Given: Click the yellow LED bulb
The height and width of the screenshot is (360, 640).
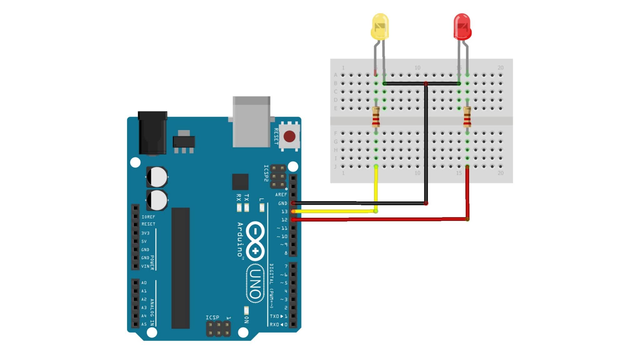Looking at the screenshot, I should (x=380, y=27).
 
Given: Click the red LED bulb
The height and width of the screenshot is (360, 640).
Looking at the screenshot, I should (x=462, y=27).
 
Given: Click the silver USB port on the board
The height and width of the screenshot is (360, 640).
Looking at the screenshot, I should (x=251, y=122).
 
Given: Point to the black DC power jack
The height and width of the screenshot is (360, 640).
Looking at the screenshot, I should (x=152, y=132).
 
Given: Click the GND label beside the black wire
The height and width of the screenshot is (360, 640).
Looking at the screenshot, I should (x=282, y=203).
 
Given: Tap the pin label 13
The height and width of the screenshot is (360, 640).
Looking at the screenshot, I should (x=284, y=212).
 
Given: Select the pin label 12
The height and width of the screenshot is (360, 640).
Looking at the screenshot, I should (x=284, y=220).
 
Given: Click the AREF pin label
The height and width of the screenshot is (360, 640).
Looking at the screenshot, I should (x=281, y=195).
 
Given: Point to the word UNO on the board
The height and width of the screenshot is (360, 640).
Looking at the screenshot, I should (x=255, y=284).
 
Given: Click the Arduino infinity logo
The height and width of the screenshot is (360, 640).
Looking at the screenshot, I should (x=255, y=241).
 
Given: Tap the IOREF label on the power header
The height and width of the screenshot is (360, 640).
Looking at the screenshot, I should (x=148, y=217).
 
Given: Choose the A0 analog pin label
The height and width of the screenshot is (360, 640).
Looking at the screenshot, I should (x=144, y=283).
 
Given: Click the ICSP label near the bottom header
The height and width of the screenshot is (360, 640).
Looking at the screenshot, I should (x=212, y=317).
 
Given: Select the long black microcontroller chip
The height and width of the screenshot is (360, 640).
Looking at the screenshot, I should (x=180, y=268).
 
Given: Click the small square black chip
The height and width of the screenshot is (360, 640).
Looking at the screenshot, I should (x=240, y=182).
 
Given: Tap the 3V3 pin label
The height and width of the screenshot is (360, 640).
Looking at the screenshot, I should (x=145, y=233).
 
